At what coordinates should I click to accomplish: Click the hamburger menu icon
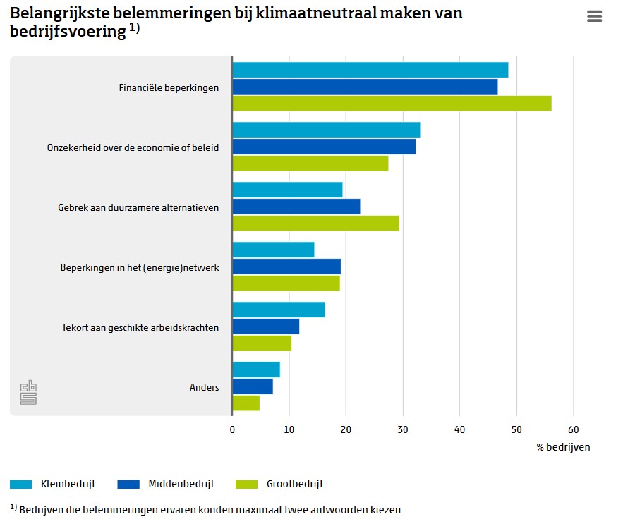594,16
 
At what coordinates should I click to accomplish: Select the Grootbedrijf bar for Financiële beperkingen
392,103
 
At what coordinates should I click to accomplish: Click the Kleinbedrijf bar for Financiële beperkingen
370,70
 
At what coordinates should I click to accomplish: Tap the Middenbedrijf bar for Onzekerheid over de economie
325,147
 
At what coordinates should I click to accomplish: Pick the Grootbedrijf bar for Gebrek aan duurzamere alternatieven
316,224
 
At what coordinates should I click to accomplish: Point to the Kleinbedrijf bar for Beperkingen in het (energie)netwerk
273,250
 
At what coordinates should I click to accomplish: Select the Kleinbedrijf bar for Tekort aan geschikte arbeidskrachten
279,310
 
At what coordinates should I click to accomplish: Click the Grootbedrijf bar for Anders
246,403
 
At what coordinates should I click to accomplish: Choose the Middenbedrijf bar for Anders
253,386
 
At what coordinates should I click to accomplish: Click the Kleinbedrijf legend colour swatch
20,485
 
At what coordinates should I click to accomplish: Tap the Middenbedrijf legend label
181,484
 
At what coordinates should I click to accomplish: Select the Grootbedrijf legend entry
279,484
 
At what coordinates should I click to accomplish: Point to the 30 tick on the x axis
403,429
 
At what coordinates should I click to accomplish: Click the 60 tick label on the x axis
574,429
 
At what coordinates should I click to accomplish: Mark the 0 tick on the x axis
232,429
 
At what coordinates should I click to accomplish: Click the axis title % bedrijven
563,447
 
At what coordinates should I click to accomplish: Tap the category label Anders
204,387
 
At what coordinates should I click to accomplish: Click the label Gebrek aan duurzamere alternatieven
138,208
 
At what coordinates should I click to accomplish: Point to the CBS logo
29,393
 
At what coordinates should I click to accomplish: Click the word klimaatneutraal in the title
316,13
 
